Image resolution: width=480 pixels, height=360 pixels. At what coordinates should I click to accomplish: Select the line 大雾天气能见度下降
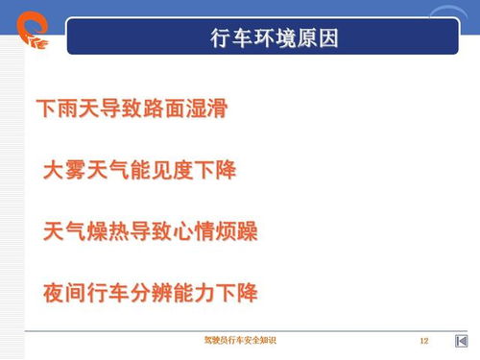[139, 171]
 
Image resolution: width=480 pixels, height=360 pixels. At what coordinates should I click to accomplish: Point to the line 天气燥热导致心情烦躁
[151, 231]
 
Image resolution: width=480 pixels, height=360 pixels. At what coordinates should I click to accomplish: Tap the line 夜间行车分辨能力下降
[151, 292]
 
